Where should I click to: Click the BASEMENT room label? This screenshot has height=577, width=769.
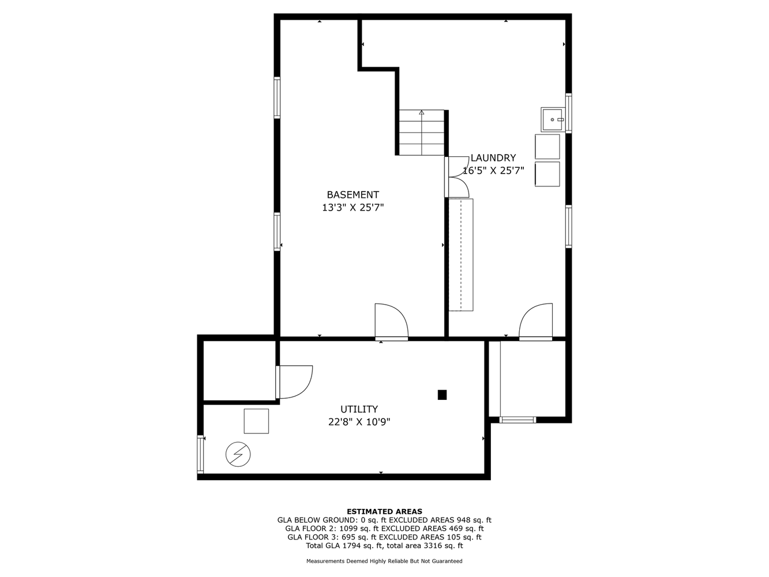click(352, 195)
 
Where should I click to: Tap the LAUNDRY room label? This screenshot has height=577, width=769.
click(493, 158)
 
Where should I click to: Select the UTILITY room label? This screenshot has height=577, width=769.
click(359, 409)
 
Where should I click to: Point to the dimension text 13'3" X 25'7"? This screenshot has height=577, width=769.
click(353, 208)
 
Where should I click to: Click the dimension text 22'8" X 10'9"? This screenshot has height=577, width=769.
click(359, 422)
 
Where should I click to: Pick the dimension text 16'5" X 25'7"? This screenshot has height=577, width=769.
click(493, 171)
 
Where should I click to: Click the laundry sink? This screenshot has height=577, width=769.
click(553, 119)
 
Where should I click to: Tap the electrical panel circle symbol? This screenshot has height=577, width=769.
click(238, 454)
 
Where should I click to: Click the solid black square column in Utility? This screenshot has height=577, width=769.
click(442, 395)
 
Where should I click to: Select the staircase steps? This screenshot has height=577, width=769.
click(422, 133)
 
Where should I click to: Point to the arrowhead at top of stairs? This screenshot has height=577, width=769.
click(422, 113)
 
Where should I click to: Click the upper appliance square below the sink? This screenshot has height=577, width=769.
click(547, 147)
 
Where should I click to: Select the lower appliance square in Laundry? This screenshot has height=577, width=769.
click(547, 174)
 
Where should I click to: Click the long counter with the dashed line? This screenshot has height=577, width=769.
click(461, 254)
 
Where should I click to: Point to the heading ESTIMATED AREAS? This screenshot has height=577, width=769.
click(384, 511)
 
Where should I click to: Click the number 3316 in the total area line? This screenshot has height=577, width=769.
click(434, 545)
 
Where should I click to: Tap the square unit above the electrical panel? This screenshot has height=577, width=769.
click(256, 421)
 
